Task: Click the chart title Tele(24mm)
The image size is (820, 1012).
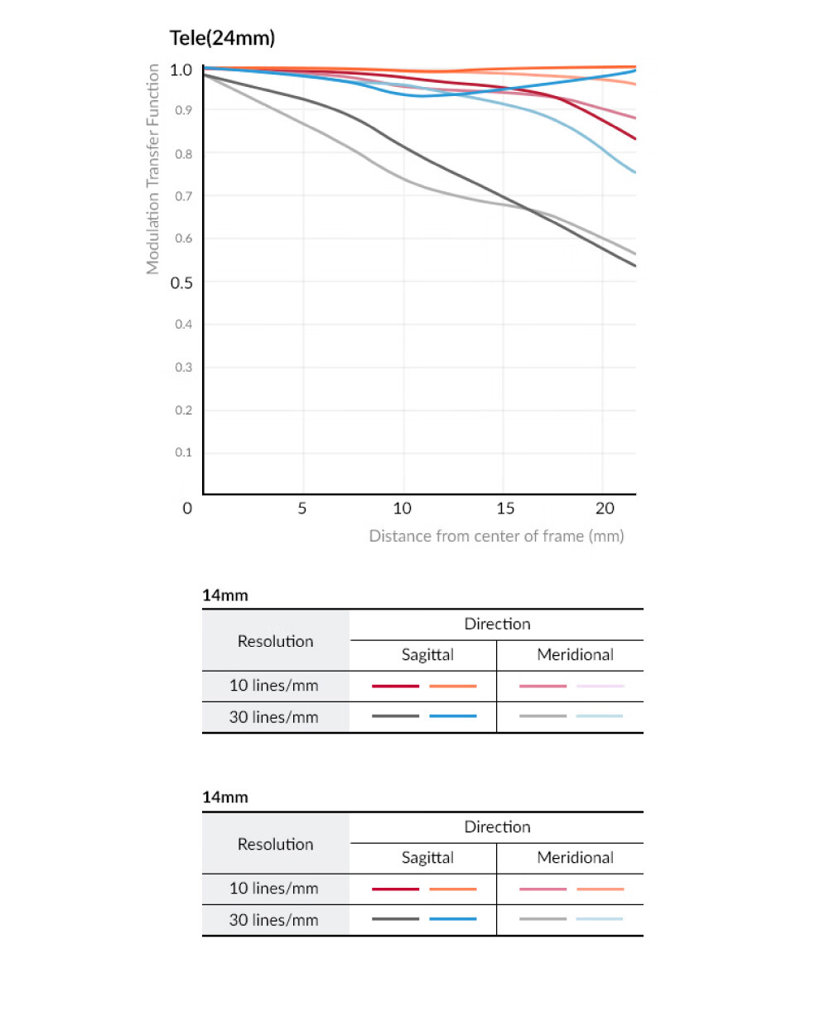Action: [x=222, y=38]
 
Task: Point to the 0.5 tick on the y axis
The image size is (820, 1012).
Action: [x=181, y=283]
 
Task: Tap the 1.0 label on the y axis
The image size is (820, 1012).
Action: [x=181, y=70]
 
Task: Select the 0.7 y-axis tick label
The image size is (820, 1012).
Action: [x=183, y=196]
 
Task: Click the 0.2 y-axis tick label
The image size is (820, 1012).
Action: [x=183, y=410]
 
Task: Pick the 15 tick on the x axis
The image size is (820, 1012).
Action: [x=505, y=508]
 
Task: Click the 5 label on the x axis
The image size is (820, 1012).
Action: [x=302, y=508]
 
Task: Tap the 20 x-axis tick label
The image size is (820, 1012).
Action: [x=605, y=508]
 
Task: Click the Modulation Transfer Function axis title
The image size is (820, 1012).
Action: [x=152, y=169]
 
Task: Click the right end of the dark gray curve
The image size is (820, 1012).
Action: [x=635, y=266]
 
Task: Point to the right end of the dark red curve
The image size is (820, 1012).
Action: [x=635, y=139]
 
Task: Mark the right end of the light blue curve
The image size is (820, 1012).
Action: [x=635, y=172]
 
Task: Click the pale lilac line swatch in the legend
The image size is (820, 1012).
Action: [x=600, y=686]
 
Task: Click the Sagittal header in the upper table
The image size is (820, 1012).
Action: [x=427, y=655]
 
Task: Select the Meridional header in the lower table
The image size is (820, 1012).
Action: [x=575, y=858]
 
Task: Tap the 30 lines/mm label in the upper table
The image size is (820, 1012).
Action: [x=273, y=717]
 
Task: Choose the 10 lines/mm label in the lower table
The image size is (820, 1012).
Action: [x=273, y=888]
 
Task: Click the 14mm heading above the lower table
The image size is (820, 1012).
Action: [x=225, y=798]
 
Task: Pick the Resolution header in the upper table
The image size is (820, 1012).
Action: [x=276, y=641]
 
